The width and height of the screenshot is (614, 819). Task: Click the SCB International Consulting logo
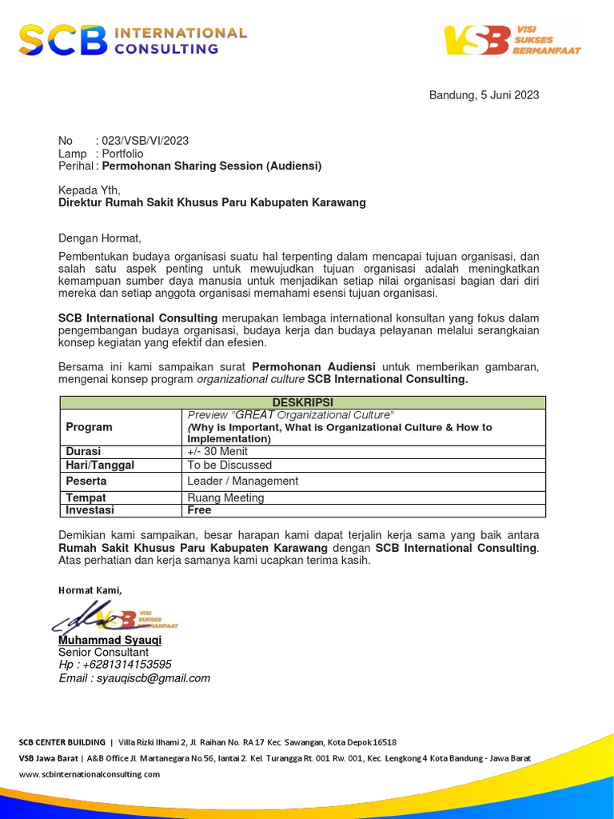[x=133, y=40]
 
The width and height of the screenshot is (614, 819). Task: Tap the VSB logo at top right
[x=512, y=39]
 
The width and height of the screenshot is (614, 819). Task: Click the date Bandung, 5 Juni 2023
[x=484, y=95]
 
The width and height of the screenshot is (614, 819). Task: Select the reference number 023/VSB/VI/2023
[x=146, y=141]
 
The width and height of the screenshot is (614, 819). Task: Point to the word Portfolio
[x=122, y=154]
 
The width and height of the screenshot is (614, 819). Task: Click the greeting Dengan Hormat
[x=100, y=238]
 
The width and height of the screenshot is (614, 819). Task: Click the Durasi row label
[x=84, y=452]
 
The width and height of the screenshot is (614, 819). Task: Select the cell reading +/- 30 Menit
[x=217, y=452]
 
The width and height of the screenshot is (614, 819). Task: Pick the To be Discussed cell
[x=229, y=465]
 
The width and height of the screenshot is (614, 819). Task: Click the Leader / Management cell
[x=243, y=481]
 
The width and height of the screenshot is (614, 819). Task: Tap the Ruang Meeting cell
[x=225, y=497]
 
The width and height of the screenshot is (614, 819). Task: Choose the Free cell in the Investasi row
[x=199, y=509]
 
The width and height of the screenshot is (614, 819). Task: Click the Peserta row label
[x=86, y=481]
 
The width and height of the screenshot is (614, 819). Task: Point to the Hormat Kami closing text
[x=90, y=590]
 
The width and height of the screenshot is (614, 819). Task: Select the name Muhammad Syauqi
[x=110, y=641]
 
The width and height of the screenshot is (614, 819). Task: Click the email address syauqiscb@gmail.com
[x=153, y=678]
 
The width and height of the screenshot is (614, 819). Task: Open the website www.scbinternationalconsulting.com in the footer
[x=89, y=774]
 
